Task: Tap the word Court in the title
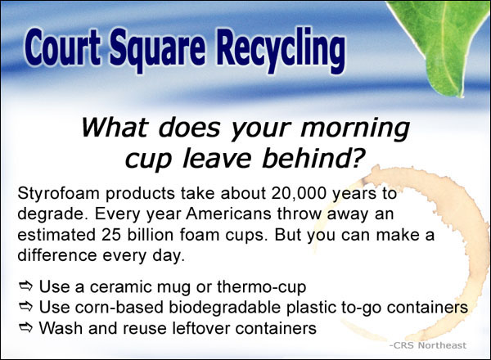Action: pos(62,47)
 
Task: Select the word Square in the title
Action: pos(157,50)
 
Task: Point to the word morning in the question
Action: pos(355,128)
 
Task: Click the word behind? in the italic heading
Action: pos(313,157)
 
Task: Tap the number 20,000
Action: pos(299,193)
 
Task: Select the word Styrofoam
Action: pos(59,194)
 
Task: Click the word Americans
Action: pos(228,214)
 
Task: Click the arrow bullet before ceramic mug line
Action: pos(25,286)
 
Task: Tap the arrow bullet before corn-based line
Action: pos(25,307)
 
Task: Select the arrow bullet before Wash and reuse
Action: pos(25,327)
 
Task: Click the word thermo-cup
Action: pos(262,287)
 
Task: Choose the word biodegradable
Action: pos(224,308)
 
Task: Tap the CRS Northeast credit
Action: pos(428,345)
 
